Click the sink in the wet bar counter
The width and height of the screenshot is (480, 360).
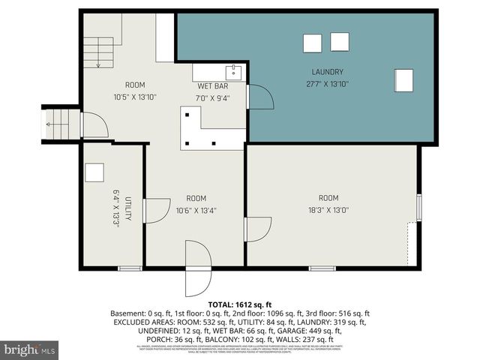[235, 73]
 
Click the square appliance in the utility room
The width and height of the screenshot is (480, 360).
[94, 172]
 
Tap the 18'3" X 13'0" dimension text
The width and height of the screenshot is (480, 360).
[328, 210]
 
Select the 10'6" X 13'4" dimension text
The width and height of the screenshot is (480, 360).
[196, 210]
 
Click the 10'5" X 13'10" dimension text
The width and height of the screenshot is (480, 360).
[135, 97]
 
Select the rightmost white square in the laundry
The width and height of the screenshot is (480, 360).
[403, 79]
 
